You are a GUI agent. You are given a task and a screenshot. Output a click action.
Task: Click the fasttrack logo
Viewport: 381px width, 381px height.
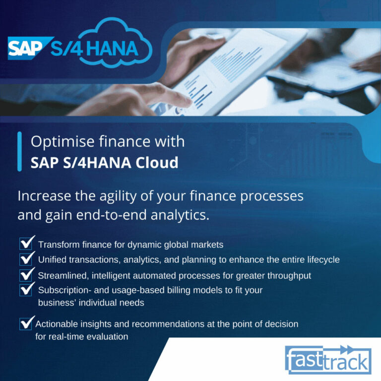coord(328,360)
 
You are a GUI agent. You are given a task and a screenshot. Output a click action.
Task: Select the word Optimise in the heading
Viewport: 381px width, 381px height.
coord(63,142)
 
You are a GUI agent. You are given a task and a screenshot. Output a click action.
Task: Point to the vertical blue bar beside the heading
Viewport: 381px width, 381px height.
coord(20,152)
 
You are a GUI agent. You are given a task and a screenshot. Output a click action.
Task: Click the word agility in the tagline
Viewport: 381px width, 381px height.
coord(118,196)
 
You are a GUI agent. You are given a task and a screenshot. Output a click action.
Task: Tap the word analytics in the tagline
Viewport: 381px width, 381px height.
coord(180,215)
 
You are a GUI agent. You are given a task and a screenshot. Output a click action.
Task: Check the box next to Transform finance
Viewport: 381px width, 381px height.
coord(26,244)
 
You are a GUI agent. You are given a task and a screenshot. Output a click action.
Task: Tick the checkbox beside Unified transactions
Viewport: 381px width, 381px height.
coord(26,259)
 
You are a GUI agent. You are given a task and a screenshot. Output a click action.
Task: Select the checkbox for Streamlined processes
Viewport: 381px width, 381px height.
coord(26,275)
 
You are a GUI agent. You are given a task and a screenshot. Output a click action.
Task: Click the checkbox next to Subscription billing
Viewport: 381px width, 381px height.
coord(26,290)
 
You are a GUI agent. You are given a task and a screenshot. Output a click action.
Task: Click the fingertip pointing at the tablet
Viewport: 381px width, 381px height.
coord(188,102)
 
